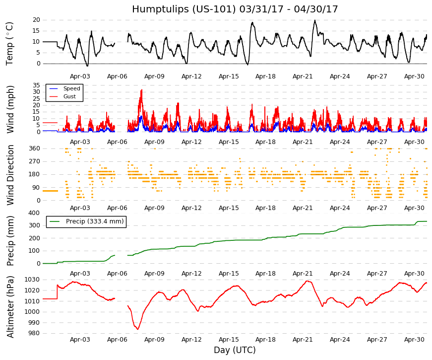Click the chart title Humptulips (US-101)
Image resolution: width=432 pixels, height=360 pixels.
184,9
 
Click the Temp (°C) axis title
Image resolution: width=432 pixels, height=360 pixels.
9,44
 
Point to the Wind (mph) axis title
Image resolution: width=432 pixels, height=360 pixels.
10,110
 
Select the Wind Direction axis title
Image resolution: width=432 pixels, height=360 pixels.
10,175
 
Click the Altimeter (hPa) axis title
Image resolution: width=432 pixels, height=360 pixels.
10,307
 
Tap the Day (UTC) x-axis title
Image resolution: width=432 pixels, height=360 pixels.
235,350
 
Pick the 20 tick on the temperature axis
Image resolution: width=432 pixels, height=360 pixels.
36,20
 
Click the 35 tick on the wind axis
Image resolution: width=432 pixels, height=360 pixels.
36,85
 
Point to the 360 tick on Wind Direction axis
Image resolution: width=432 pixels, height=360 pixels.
35,148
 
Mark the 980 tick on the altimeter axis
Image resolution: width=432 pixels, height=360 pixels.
34,333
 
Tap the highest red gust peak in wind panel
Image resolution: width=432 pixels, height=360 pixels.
142,90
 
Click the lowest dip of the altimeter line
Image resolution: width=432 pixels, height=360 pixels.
138,329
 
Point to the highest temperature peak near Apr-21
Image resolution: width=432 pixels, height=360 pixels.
315,20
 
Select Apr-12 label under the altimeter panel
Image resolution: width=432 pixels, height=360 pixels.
191,340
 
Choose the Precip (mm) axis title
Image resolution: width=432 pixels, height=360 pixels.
10,241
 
